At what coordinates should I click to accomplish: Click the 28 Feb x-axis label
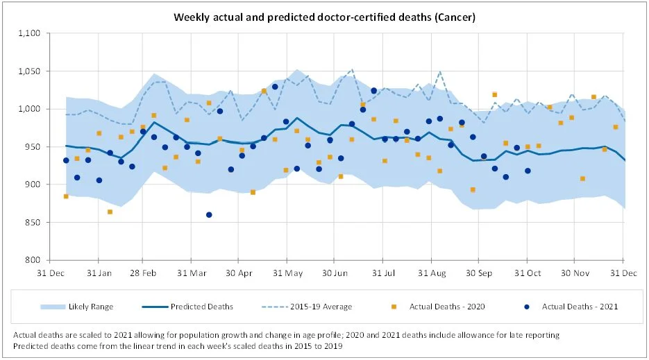click(x=143, y=273)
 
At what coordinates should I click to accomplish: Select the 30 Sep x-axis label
click(x=478, y=273)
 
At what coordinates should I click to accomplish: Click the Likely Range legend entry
click(x=90, y=306)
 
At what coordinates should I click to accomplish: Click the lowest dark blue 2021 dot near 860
click(x=209, y=215)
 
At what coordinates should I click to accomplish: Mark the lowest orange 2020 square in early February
click(x=110, y=212)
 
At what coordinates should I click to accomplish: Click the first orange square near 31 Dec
click(x=66, y=196)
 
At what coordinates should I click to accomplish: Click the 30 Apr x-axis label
click(x=238, y=273)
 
